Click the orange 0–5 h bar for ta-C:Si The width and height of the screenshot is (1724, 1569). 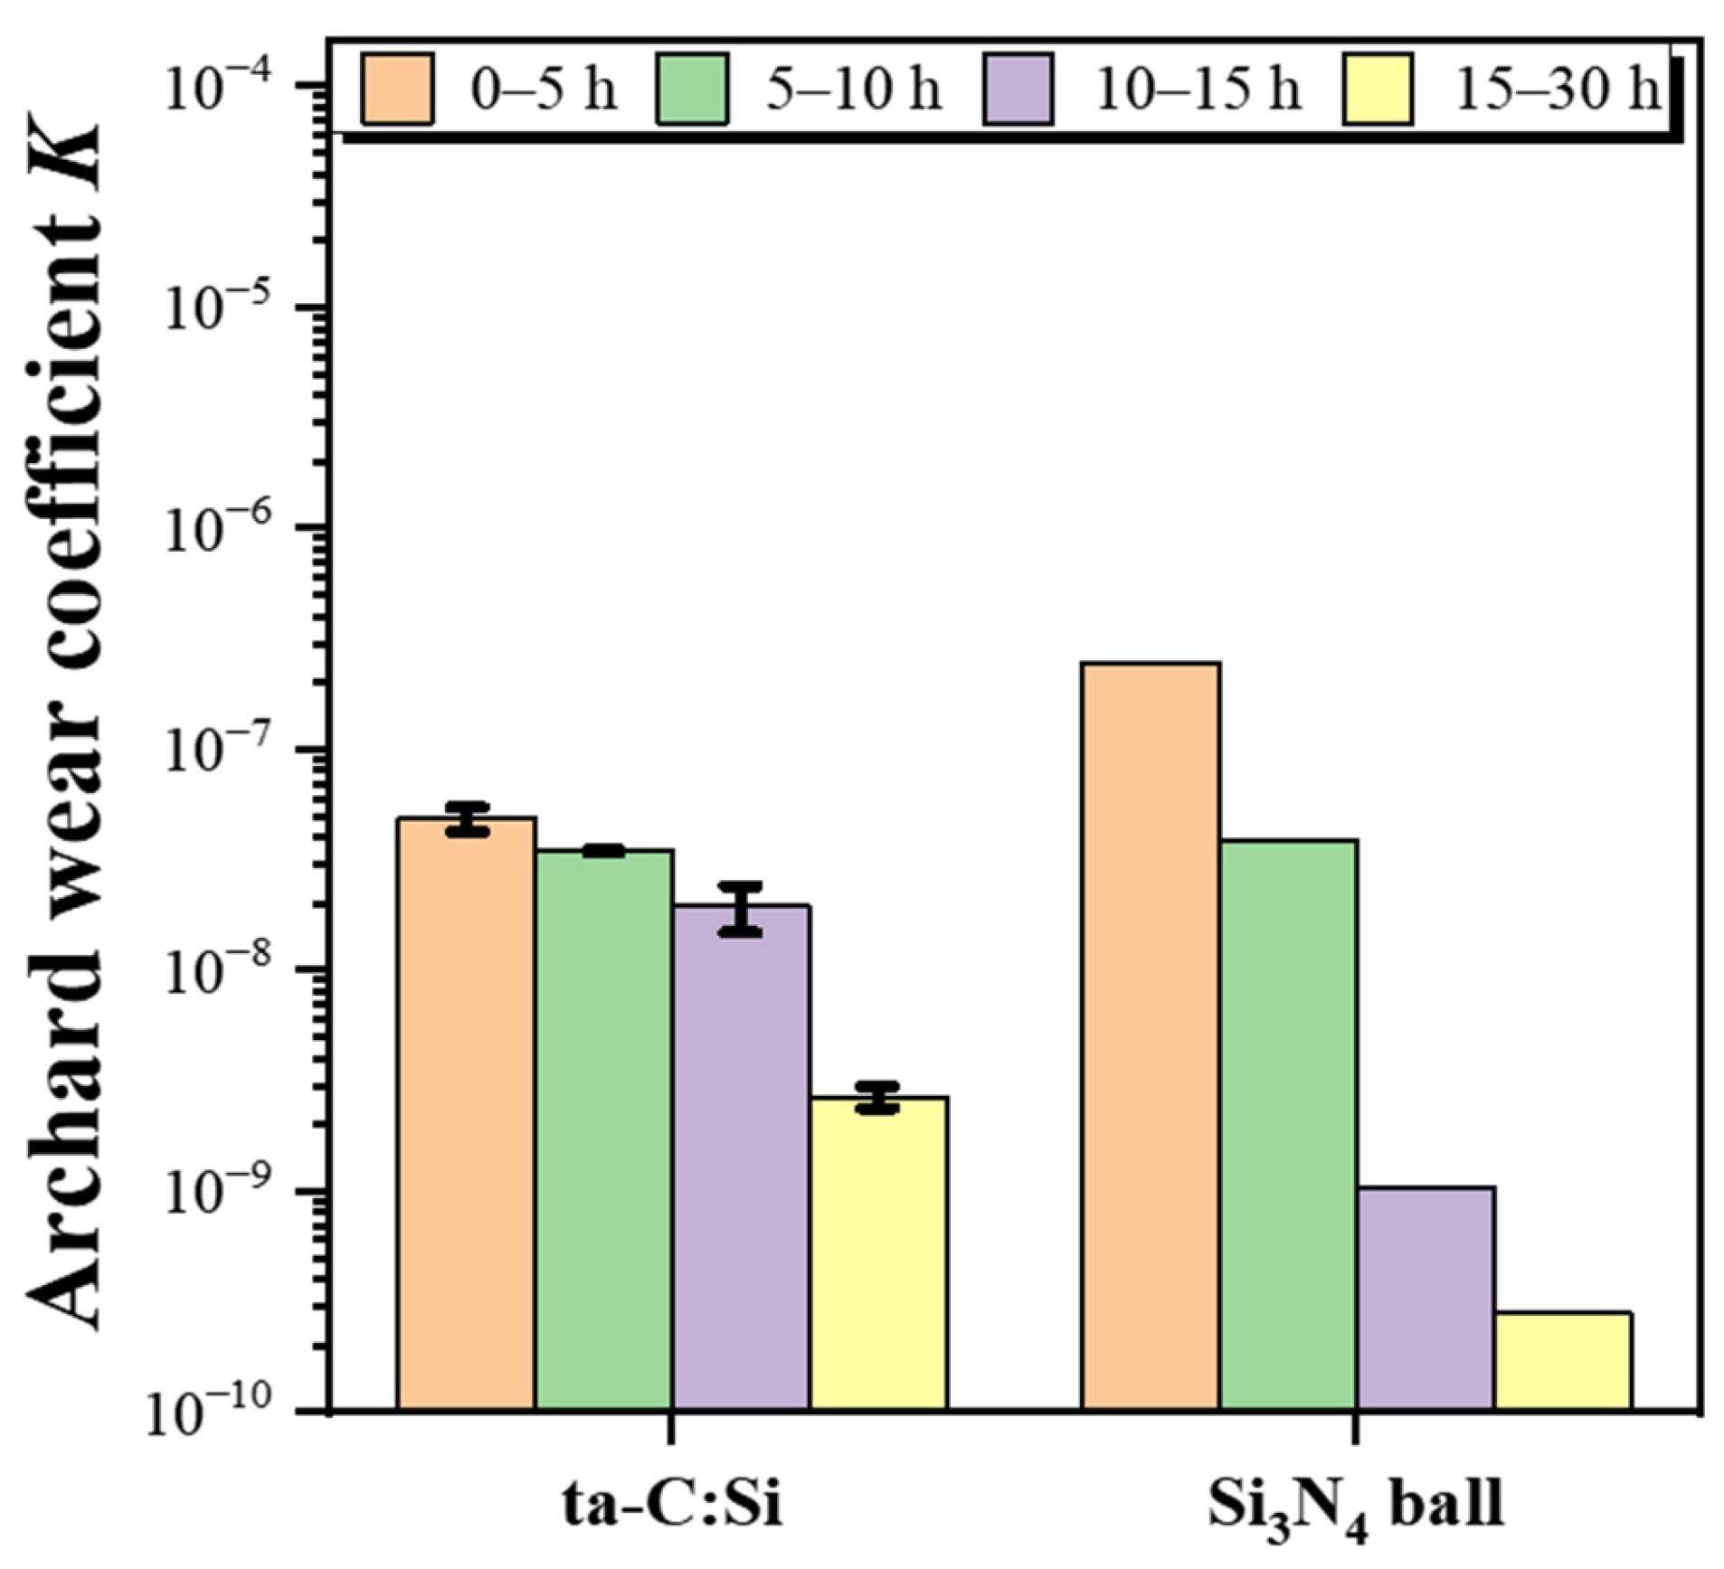[467, 1112]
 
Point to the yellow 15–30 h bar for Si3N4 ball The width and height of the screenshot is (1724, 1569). [1563, 1360]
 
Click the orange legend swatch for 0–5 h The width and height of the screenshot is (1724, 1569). [397, 89]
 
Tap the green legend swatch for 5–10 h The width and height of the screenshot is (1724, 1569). [692, 89]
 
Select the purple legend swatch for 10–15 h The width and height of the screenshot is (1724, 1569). [1018, 89]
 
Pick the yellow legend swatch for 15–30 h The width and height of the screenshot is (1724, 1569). [1377, 89]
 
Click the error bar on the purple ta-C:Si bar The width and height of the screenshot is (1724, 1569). [741, 908]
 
